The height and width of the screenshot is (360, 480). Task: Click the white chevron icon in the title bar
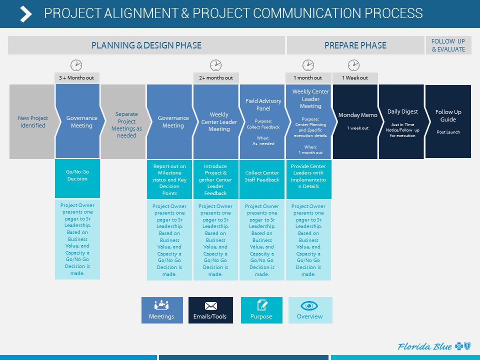pyautogui.click(x=25, y=14)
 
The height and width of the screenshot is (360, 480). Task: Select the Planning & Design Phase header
pyautogui.click(x=146, y=45)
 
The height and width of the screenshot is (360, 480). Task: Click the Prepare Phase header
pyautogui.click(x=355, y=45)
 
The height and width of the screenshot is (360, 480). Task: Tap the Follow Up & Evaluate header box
pyautogui.click(x=448, y=45)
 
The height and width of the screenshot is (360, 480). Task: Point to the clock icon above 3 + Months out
pyautogui.click(x=76, y=65)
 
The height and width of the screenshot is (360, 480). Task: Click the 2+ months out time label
pyautogui.click(x=216, y=77)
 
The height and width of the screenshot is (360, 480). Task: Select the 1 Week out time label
pyautogui.click(x=355, y=77)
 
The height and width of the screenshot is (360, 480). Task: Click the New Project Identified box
pyautogui.click(x=32, y=121)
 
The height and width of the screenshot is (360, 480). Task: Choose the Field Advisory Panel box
pyautogui.click(x=263, y=121)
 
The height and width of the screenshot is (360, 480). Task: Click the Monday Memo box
pyautogui.click(x=357, y=121)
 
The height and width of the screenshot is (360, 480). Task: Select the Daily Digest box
pyautogui.click(x=402, y=121)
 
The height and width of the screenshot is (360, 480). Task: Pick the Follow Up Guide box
pyautogui.click(x=448, y=121)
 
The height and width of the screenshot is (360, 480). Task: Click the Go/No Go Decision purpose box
pyautogui.click(x=77, y=178)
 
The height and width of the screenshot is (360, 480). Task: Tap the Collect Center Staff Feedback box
pyautogui.click(x=262, y=178)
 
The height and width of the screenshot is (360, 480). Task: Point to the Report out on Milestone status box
pyautogui.click(x=169, y=178)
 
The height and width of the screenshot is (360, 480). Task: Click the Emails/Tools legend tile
pyautogui.click(x=210, y=310)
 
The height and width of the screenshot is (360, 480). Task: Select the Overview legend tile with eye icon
pyautogui.click(x=310, y=310)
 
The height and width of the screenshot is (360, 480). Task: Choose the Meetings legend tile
pyautogui.click(x=162, y=310)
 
